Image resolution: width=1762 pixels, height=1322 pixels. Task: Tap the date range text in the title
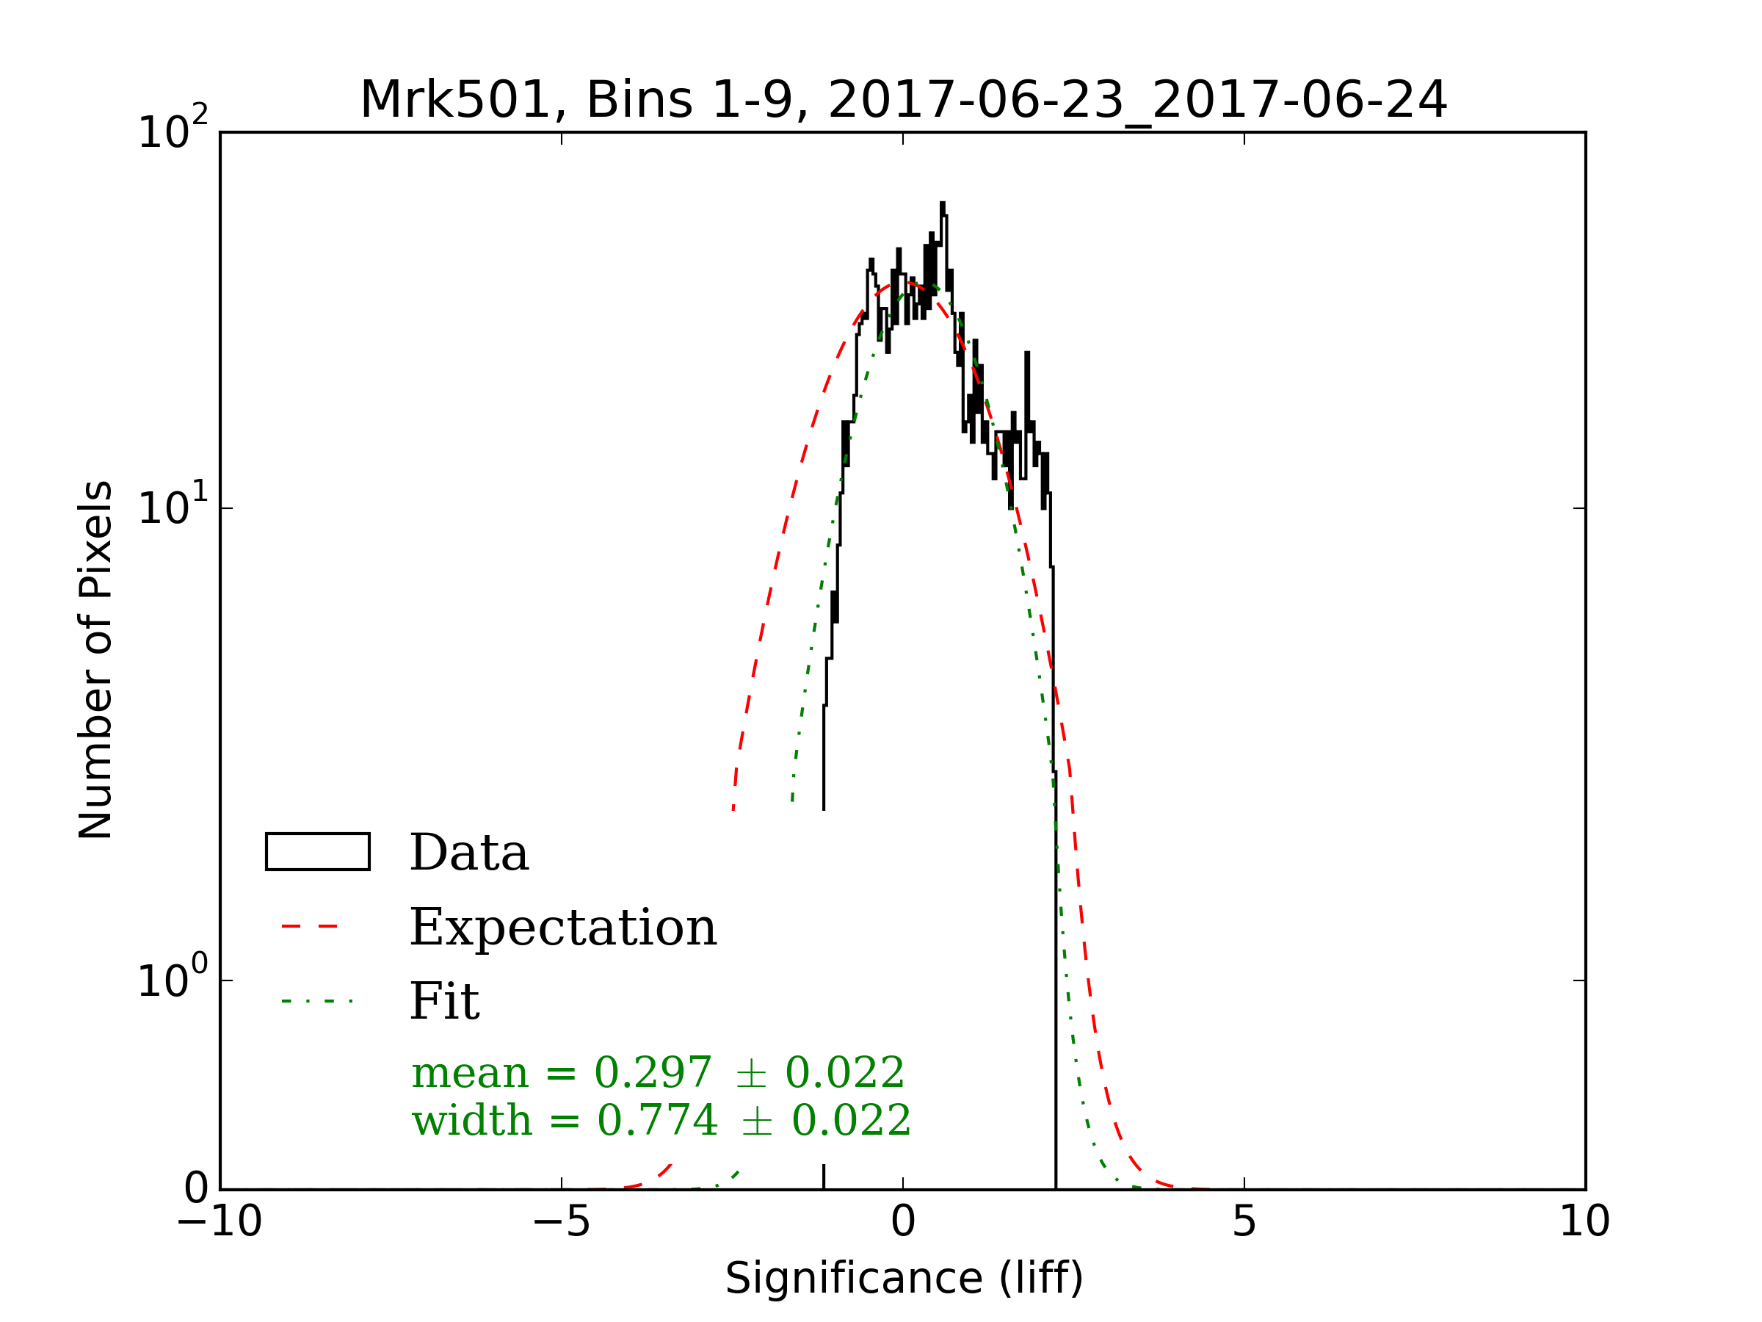pyautogui.click(x=1136, y=101)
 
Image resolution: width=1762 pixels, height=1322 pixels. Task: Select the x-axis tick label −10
pyautogui.click(x=219, y=1221)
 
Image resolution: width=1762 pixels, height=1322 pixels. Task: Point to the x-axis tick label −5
pyautogui.click(x=561, y=1221)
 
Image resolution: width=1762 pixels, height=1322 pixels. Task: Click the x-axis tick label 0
pyautogui.click(x=902, y=1221)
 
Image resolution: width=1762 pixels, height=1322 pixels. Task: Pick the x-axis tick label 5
pyautogui.click(x=1244, y=1221)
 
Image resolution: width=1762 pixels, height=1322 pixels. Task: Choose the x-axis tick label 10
pyautogui.click(x=1584, y=1221)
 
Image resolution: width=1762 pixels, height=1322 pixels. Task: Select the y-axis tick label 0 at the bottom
pyautogui.click(x=196, y=1189)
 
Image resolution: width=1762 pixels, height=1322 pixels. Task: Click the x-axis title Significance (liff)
pyautogui.click(x=903, y=1279)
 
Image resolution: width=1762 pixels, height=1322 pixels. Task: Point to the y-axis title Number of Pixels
pyautogui.click(x=95, y=660)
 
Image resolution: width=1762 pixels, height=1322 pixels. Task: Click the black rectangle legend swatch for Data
pyautogui.click(x=317, y=852)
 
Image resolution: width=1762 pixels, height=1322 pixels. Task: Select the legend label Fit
pyautogui.click(x=443, y=1001)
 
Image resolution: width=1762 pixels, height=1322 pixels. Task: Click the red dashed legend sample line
pyautogui.click(x=311, y=927)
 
